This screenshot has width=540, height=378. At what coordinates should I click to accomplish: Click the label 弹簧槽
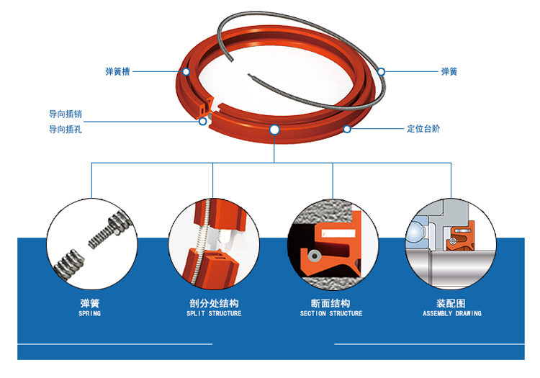coord(117,71)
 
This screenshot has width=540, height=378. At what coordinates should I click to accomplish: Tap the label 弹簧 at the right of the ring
coord(449,71)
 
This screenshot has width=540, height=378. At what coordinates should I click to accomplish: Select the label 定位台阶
coord(423,129)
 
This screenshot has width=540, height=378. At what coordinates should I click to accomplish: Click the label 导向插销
coord(66,114)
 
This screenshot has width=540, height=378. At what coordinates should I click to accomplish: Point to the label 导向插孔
coord(66,130)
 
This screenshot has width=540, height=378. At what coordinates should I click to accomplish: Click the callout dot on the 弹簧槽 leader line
coord(186,71)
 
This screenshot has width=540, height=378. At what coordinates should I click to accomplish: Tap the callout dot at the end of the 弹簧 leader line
coord(381,71)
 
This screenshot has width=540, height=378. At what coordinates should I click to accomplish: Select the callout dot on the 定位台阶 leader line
coord(347,129)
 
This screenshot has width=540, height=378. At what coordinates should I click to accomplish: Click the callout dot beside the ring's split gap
coord(203,122)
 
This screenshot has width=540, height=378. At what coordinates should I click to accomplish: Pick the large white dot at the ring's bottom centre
coord(274,130)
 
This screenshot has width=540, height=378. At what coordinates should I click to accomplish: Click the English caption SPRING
coord(89,314)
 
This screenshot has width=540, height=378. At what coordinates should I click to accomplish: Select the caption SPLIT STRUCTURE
coord(214,314)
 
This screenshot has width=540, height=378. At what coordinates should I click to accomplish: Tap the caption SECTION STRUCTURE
coord(331,314)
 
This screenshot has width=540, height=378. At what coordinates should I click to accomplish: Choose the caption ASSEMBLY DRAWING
coord(452,314)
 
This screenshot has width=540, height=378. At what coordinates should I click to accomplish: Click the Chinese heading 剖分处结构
coord(214,303)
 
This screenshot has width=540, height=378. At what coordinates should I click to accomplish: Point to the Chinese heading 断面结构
coord(330,303)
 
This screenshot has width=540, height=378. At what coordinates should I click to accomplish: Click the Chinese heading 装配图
coord(451,303)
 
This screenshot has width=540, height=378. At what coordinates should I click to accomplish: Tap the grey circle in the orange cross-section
coord(314,256)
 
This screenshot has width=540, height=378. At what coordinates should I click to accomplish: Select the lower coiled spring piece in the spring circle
coord(69,264)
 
